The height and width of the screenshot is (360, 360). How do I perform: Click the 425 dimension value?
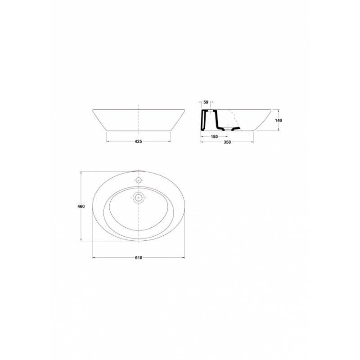(138, 141)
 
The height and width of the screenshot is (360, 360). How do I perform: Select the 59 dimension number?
(206, 103)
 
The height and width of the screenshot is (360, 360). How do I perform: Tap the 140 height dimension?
(279, 120)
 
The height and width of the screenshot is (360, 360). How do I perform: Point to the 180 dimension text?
(214, 137)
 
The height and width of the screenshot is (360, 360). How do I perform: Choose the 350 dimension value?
(227, 142)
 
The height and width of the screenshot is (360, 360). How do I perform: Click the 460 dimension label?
(81, 207)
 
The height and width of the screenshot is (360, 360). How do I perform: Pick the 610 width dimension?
(139, 258)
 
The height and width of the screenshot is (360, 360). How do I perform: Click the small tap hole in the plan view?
(138, 180)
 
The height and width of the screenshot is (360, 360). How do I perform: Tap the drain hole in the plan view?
(138, 198)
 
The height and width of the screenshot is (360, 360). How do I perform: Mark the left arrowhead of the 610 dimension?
(94, 257)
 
